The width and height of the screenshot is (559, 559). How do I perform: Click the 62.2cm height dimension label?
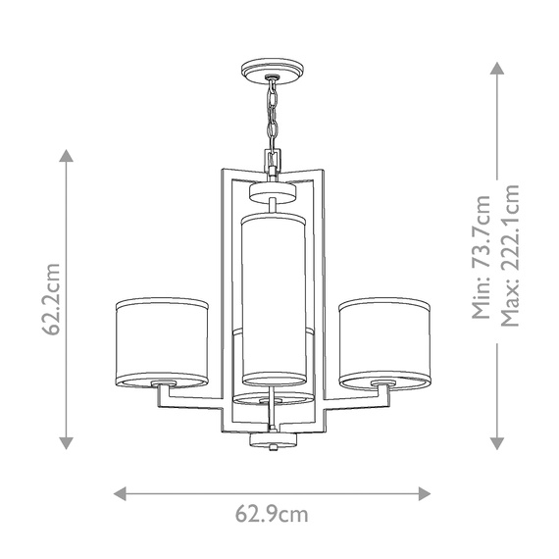(x=53, y=299)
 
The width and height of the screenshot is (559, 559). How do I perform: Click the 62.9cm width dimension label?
(x=272, y=513)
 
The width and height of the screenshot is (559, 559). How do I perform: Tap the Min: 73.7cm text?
(x=481, y=257)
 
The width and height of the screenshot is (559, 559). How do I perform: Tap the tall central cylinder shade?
(x=273, y=299)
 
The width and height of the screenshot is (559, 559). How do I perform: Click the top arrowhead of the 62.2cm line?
(x=67, y=155)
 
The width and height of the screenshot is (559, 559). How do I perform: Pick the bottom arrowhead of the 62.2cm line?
(x=67, y=442)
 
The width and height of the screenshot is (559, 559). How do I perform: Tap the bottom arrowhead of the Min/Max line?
(x=496, y=442)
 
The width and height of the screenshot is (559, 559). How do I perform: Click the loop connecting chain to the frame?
(x=270, y=157)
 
